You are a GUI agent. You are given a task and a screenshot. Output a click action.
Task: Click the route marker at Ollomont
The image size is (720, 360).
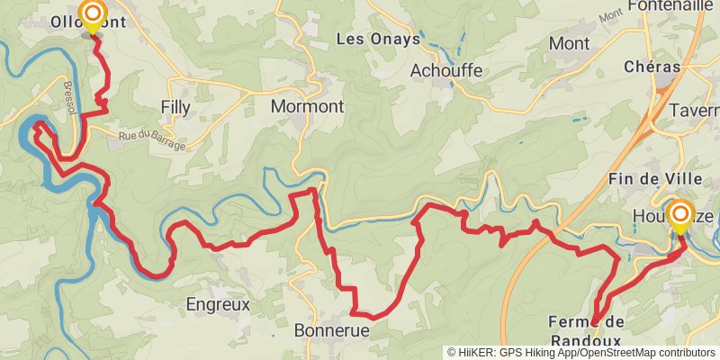point(92,13)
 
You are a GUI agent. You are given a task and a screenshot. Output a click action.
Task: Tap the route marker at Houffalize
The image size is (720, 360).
point(679,216)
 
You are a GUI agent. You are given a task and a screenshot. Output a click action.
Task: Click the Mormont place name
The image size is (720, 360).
point(307,106)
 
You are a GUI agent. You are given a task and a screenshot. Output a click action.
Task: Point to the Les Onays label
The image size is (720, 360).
point(378,39)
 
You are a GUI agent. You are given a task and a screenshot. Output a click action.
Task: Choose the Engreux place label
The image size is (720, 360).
point(217,304)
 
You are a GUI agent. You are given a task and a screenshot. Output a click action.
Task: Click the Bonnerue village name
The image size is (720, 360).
point(332,330)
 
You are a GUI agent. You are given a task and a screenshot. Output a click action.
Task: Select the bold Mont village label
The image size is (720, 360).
point(569,42)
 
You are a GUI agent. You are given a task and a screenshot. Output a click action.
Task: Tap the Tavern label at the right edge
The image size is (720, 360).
point(695,110)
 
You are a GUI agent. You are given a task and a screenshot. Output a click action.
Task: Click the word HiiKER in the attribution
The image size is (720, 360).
point(478,353)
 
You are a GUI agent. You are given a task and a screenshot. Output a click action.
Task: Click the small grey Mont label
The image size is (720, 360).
point(610,14)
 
